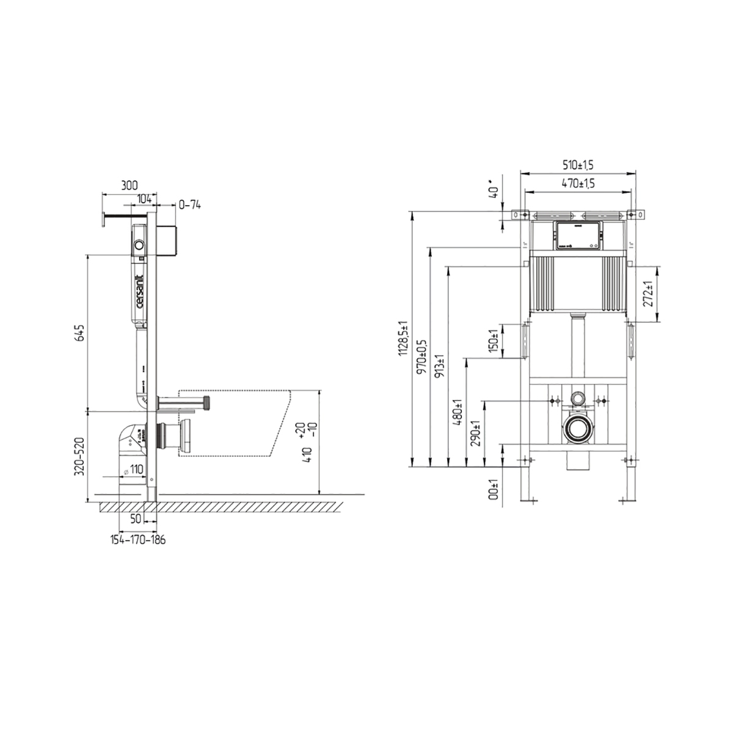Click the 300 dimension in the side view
pos(129,185)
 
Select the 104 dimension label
pos(144,199)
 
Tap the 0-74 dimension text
pos(189,205)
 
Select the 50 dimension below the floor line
pos(136,518)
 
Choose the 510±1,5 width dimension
pos(578,164)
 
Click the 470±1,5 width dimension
pos(578,183)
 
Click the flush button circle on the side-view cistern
pos(140,247)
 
